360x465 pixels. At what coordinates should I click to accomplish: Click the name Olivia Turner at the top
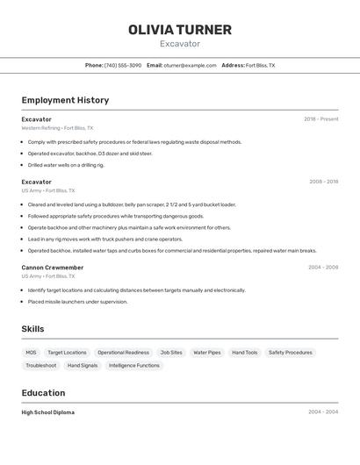pyautogui.click(x=180, y=30)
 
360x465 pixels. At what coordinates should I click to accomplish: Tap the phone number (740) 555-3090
pyautogui.click(x=123, y=65)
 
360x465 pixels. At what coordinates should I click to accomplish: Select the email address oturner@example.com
pyautogui.click(x=190, y=65)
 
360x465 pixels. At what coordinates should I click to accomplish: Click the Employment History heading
pyautogui.click(x=65, y=100)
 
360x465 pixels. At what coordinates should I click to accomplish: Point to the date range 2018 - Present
pyautogui.click(x=320, y=119)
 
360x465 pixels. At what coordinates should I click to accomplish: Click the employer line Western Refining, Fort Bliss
pyautogui.click(x=58, y=127)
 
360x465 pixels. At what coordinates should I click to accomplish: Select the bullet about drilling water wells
pyautogui.click(x=66, y=165)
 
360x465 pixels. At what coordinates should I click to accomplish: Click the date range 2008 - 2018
pyautogui.click(x=323, y=182)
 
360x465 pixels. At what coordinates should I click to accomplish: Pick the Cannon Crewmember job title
pyautogui.click(x=53, y=268)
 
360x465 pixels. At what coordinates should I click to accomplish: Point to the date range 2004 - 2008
pyautogui.click(x=323, y=268)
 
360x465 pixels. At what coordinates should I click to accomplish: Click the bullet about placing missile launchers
pyautogui.click(x=77, y=302)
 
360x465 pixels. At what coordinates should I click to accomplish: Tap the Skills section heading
pyautogui.click(x=32, y=329)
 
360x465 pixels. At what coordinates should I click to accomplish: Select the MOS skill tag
pyautogui.click(x=31, y=353)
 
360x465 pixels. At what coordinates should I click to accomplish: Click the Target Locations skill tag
pyautogui.click(x=67, y=353)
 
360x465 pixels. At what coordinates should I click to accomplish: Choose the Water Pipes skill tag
pyautogui.click(x=207, y=353)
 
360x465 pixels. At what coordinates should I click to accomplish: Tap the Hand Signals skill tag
pyautogui.click(x=83, y=365)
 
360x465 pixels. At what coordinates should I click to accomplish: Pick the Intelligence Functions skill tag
pyautogui.click(x=134, y=365)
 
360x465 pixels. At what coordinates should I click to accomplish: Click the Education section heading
pyautogui.click(x=43, y=393)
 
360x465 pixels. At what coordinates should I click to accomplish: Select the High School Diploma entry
pyautogui.click(x=48, y=412)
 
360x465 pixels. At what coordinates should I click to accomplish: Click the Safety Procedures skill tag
pyautogui.click(x=291, y=353)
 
